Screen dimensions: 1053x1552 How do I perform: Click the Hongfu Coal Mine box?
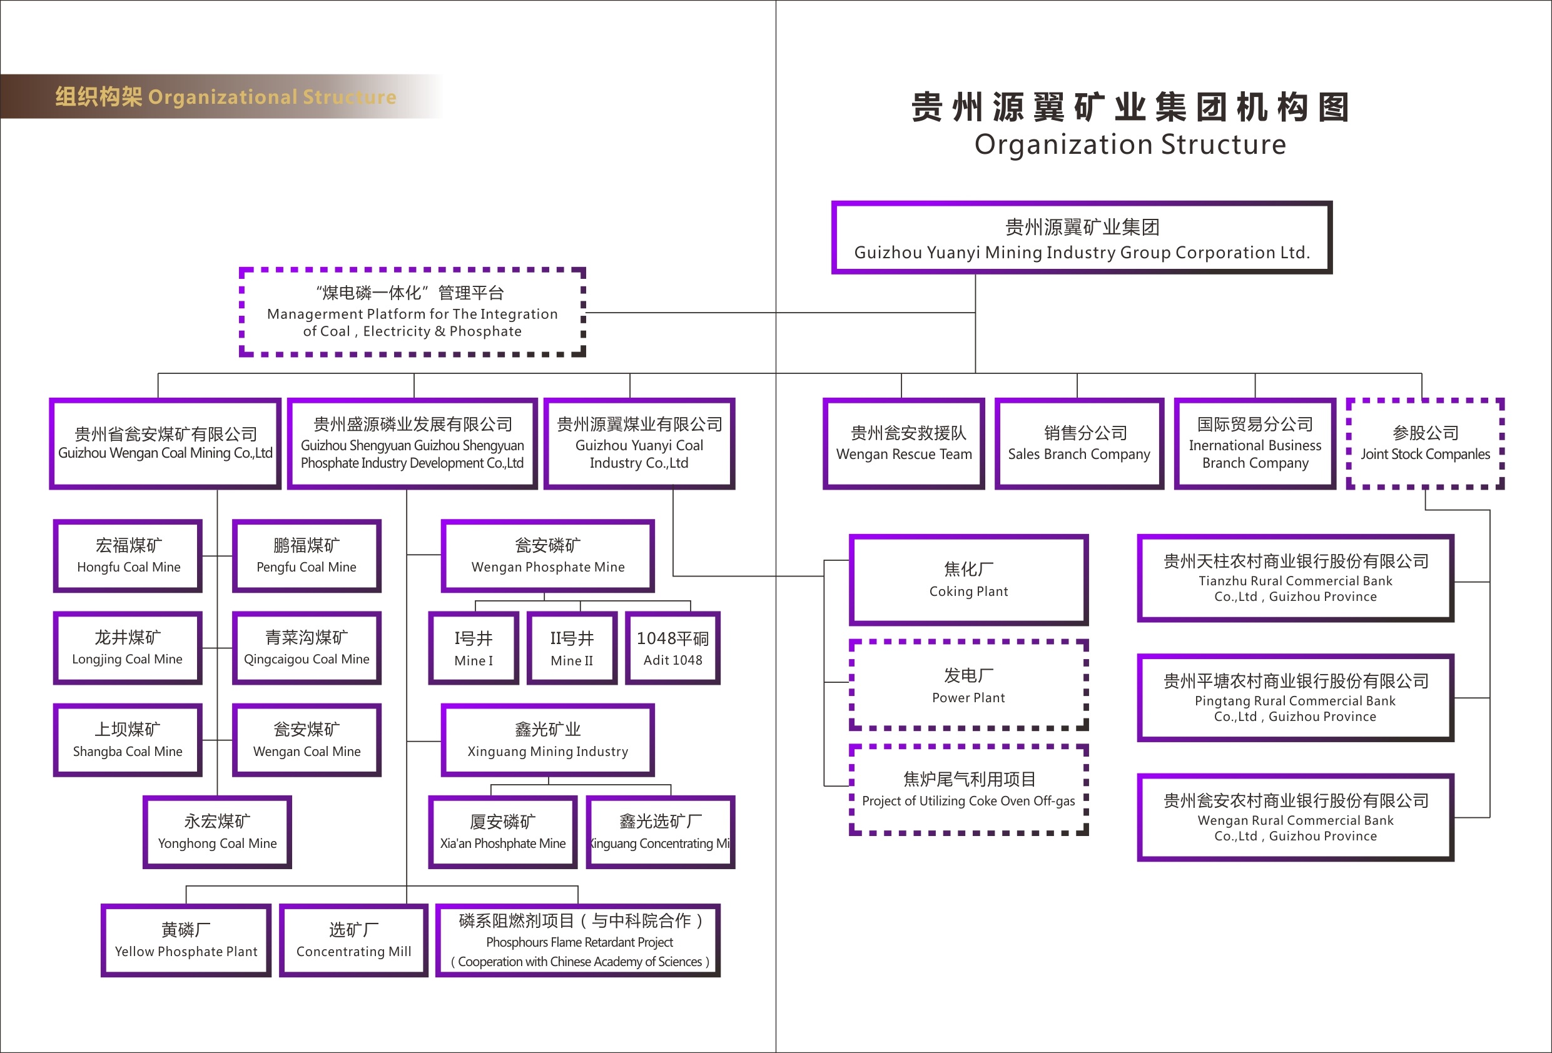pyautogui.click(x=128, y=555)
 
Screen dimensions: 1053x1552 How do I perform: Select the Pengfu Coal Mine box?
pyautogui.click(x=307, y=555)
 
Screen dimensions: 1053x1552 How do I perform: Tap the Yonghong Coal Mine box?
pyautogui.click(x=217, y=832)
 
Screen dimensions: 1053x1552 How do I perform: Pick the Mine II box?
pyautogui.click(x=572, y=648)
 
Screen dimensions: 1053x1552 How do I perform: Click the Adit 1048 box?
pyautogui.click(x=672, y=648)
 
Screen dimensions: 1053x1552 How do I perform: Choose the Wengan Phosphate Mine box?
pyautogui.click(x=547, y=555)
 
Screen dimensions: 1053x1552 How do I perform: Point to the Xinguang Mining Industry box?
pyautogui.click(x=547, y=740)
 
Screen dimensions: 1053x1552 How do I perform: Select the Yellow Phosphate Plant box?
pyautogui.click(x=186, y=940)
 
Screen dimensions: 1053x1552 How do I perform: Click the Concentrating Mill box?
pyautogui.click(x=353, y=940)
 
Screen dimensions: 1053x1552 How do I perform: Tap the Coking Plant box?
pyautogui.click(x=968, y=580)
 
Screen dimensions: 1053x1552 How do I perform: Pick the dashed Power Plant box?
pyautogui.click(x=968, y=685)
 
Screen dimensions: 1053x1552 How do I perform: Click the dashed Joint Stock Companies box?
pyautogui.click(x=1425, y=443)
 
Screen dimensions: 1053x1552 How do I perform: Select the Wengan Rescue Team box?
pyautogui.click(x=903, y=443)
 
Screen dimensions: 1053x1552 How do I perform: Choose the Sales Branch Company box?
pyautogui.click(x=1078, y=443)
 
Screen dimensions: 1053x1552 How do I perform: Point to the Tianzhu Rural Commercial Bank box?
pyautogui.click(x=1295, y=578)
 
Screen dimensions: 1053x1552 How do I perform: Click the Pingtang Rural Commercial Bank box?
pyautogui.click(x=1295, y=698)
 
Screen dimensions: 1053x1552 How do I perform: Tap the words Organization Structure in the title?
pyautogui.click(x=1130, y=144)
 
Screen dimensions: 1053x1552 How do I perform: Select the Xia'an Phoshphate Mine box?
pyautogui.click(x=502, y=832)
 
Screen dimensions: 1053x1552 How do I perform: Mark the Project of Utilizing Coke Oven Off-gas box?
pyautogui.click(x=968, y=790)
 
